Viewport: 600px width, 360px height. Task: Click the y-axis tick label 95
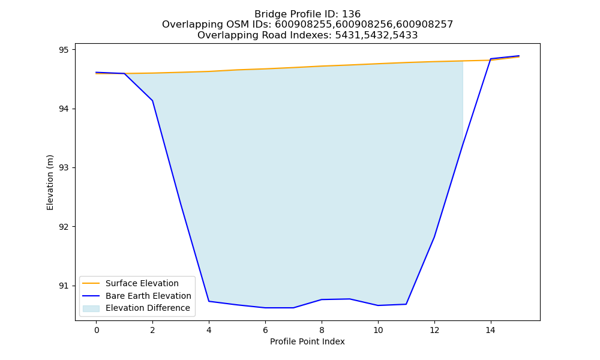pos(64,50)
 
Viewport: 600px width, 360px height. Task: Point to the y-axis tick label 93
pos(64,168)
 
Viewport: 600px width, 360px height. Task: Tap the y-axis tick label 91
pos(64,286)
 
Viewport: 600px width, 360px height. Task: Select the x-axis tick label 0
pos(97,330)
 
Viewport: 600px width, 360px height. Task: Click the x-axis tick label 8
pos(322,330)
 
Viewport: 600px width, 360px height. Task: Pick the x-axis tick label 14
pos(491,330)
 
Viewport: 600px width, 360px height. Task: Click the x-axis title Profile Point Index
pos(307,341)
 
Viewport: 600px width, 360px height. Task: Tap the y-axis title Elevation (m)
pos(50,182)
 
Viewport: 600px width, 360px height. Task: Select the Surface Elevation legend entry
pos(130,283)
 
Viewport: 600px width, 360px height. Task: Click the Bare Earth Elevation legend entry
pos(137,296)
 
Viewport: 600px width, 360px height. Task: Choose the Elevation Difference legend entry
pos(136,308)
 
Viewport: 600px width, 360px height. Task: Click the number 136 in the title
pos(351,14)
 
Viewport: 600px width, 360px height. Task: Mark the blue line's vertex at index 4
pos(209,301)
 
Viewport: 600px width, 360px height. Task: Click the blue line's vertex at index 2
pos(152,101)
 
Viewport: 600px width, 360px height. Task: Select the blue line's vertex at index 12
pos(434,237)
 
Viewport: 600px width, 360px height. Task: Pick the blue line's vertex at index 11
pos(406,304)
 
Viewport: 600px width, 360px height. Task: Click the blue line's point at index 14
pos(491,59)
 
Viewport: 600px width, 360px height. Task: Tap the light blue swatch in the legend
pos(91,308)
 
